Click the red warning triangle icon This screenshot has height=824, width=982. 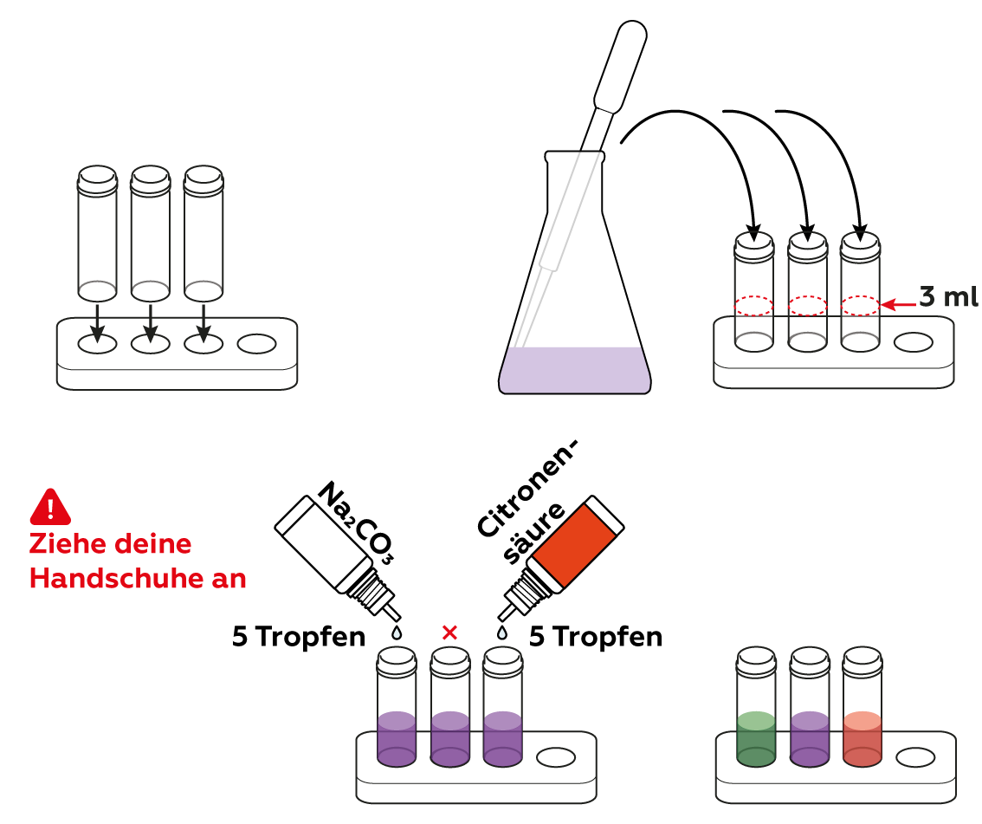tap(50, 508)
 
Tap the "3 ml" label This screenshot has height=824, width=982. tap(948, 298)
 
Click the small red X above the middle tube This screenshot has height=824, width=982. tap(449, 633)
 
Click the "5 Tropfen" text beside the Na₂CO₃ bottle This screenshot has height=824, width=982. tap(298, 637)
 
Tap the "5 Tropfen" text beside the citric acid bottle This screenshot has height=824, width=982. tap(596, 637)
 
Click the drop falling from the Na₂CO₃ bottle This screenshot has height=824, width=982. tap(397, 633)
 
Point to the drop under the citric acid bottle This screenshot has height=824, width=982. tap(501, 632)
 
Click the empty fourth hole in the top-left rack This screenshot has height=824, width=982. tap(257, 344)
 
